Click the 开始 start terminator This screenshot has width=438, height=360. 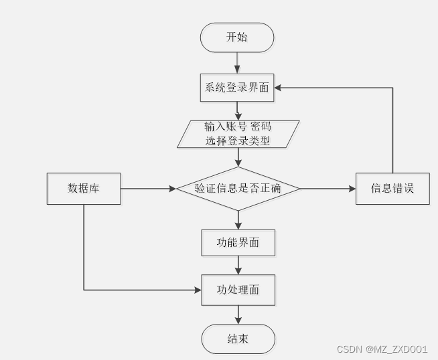pos(237,37)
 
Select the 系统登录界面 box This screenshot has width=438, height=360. pos(237,88)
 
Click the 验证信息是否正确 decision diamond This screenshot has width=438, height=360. pos(238,189)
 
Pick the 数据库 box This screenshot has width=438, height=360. pos(84,189)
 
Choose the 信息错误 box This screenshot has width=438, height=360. pos(392,189)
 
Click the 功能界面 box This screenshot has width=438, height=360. pos(238,243)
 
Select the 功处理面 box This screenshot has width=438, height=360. pos(238,290)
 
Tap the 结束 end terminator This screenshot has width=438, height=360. pos(238,339)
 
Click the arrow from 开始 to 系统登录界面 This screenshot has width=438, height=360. pos(238,62)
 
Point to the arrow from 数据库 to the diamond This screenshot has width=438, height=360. pos(147,189)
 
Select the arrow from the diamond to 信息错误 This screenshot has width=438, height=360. pos(328,189)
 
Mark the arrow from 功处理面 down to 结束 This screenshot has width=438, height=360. pos(238,314)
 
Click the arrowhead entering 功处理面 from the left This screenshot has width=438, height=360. pos(198,290)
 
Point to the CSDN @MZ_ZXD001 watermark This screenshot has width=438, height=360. pos(382,349)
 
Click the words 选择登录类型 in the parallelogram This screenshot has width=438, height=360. pos(238,141)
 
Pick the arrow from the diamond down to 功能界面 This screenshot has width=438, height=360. pos(238,220)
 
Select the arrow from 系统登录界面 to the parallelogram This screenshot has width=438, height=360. pos(238,110)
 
